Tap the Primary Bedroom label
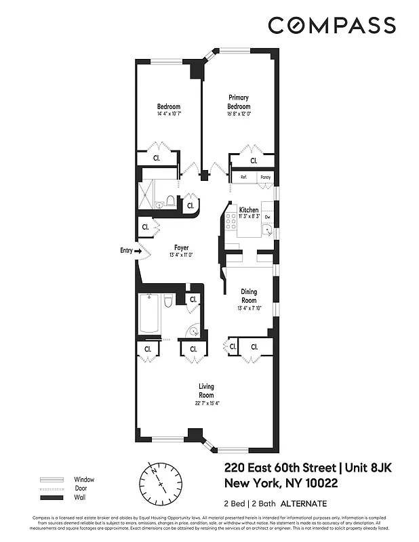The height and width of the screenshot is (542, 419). tap(239, 102)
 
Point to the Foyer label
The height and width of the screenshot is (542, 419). tap(181, 247)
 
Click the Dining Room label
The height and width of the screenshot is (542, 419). tap(249, 296)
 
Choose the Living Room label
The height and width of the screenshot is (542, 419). tap(206, 391)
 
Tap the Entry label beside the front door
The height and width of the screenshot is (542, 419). tap(126, 251)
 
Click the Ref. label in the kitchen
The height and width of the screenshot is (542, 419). tap(243, 178)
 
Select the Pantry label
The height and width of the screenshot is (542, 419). tap(265, 178)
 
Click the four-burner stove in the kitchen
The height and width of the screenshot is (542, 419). tap(231, 220)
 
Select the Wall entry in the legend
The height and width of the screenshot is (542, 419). tap(79, 497)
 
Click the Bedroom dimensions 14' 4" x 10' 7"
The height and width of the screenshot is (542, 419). tap(169, 114)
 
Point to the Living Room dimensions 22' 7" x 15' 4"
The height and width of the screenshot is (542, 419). tap(206, 403)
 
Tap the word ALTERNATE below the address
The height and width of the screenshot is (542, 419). tap(304, 503)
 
